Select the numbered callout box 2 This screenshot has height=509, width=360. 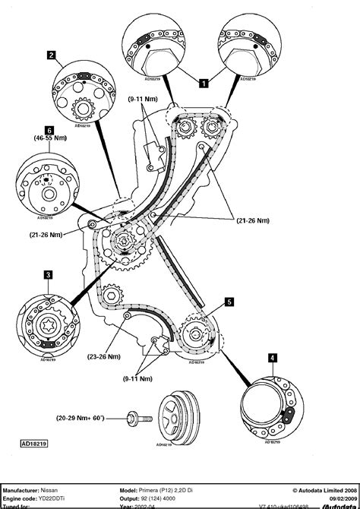pyautogui.click(x=50, y=55)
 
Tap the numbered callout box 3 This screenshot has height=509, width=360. pyautogui.click(x=48, y=274)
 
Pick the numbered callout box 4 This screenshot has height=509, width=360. pyautogui.click(x=271, y=357)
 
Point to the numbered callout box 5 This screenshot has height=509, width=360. pyautogui.click(x=229, y=302)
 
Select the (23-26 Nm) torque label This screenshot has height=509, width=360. pyautogui.click(x=105, y=354)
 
